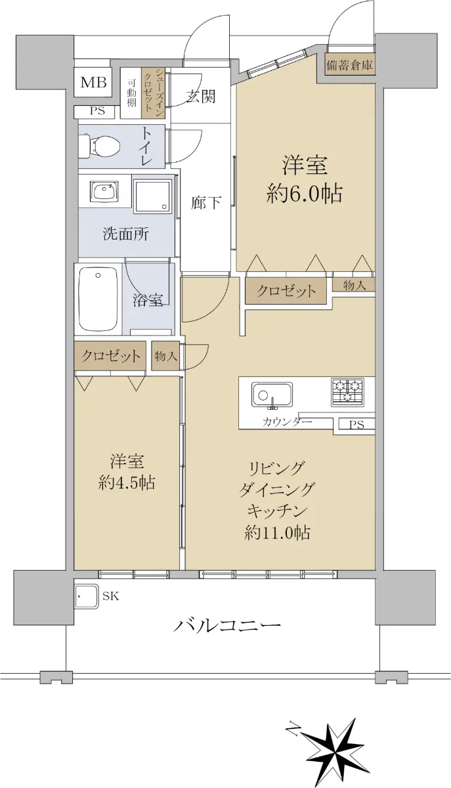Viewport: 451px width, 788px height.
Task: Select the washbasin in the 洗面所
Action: point(105,192)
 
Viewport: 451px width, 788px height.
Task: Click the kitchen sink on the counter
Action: point(272,395)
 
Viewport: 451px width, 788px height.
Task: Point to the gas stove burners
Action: point(347,391)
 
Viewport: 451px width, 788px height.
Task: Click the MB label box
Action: point(93,82)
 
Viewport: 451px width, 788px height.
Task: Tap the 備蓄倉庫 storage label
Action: point(349,65)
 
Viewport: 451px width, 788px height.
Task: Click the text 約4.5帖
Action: point(127,483)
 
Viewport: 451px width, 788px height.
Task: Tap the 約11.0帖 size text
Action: point(277,533)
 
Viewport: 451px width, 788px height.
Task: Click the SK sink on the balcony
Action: point(87,596)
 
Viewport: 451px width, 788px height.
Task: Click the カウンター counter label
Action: point(287,422)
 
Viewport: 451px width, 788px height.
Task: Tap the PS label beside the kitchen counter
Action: point(356,425)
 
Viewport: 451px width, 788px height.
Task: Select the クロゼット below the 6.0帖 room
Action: point(286,291)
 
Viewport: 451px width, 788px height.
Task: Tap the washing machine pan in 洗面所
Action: point(154,196)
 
